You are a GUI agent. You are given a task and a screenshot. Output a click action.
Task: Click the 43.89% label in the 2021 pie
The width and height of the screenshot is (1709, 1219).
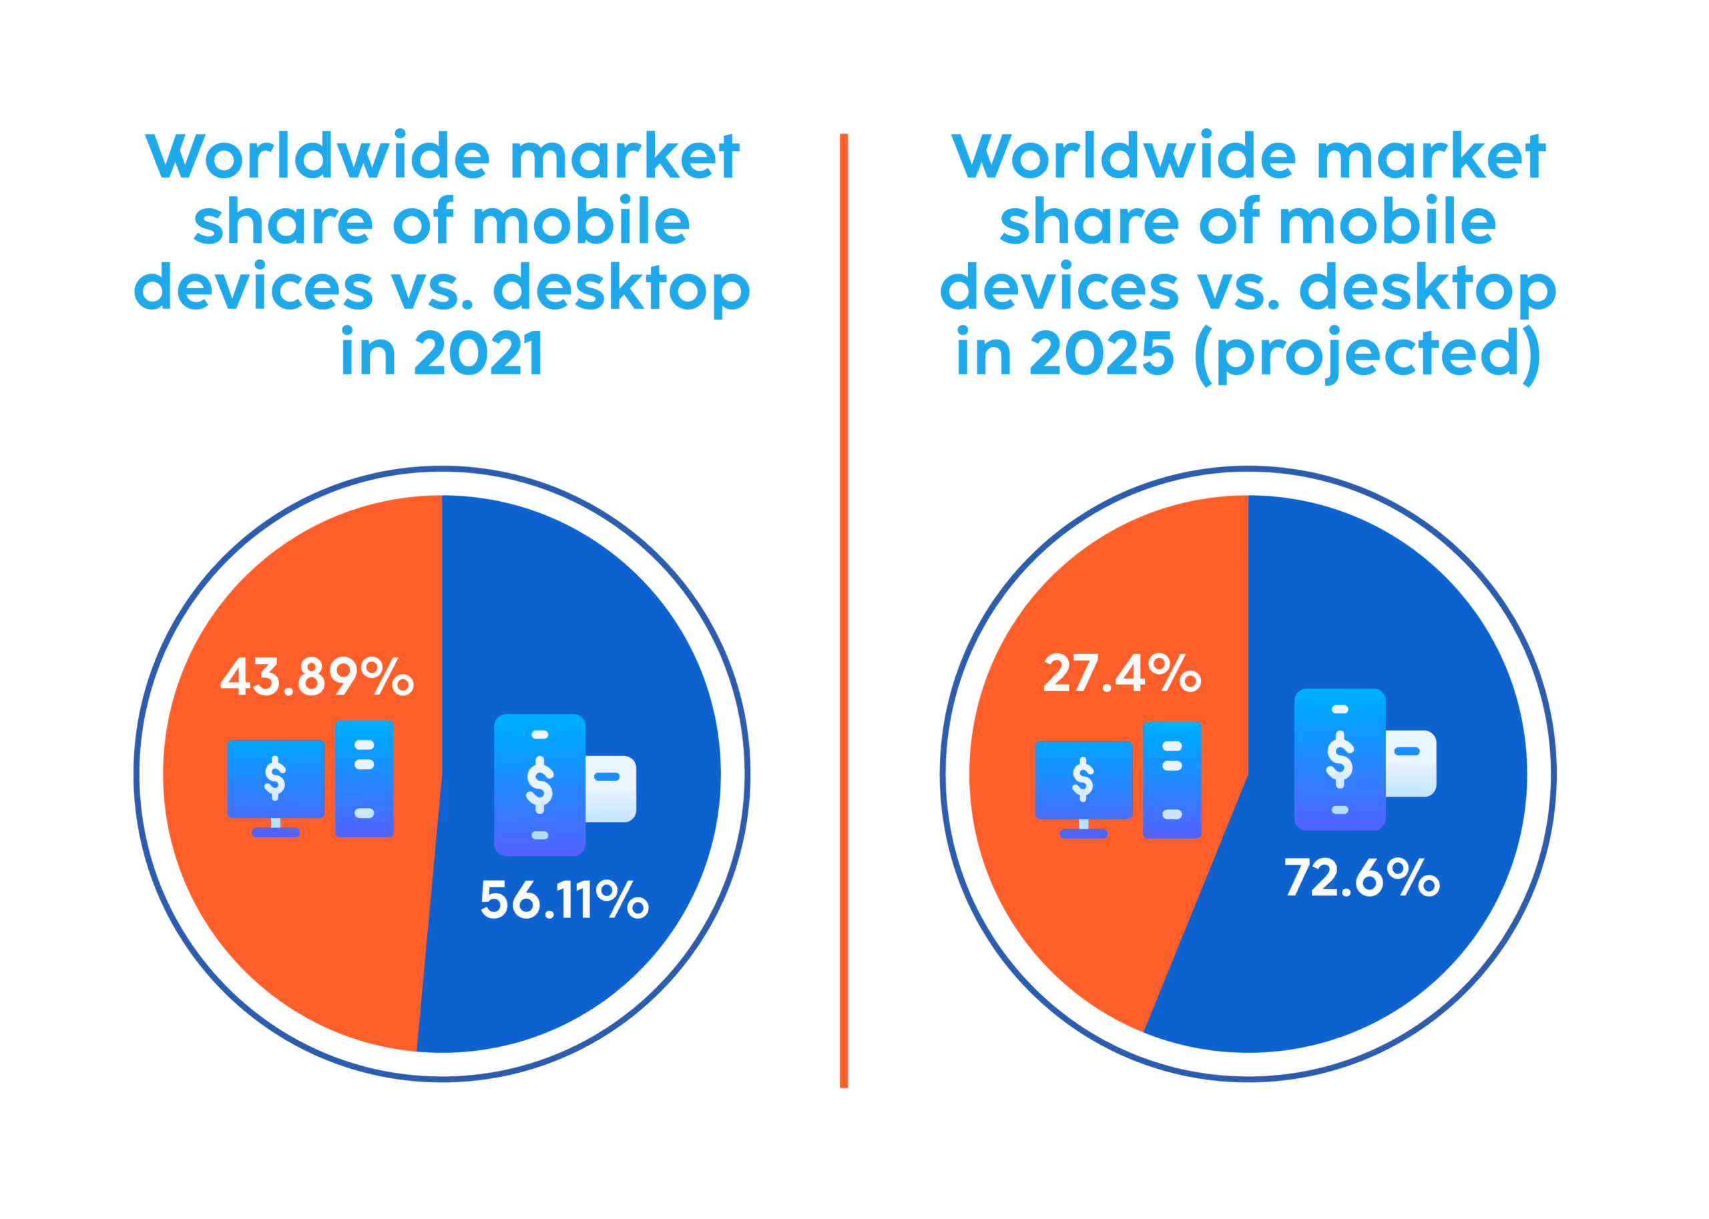tap(316, 677)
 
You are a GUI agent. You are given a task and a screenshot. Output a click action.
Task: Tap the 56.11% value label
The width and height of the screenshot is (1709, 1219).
tap(564, 900)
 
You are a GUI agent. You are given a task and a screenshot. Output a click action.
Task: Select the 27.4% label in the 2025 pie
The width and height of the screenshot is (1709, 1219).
tap(1122, 673)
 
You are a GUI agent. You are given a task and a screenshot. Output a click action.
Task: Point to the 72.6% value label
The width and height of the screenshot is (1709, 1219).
tap(1361, 877)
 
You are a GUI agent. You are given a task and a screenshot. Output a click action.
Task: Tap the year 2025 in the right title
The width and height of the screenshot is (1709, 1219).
tap(1101, 354)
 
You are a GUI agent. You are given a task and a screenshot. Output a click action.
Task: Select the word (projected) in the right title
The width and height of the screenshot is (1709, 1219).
tap(1367, 355)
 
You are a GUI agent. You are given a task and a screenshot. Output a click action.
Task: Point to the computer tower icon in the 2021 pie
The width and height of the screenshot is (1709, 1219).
tap(364, 779)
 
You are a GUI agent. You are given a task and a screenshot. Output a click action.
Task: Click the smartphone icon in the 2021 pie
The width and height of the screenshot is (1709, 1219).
tap(539, 785)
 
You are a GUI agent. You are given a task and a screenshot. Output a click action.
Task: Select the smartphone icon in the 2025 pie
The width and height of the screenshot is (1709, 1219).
tap(1340, 759)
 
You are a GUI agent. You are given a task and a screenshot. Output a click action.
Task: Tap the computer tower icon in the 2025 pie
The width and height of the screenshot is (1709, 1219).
tap(1172, 780)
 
